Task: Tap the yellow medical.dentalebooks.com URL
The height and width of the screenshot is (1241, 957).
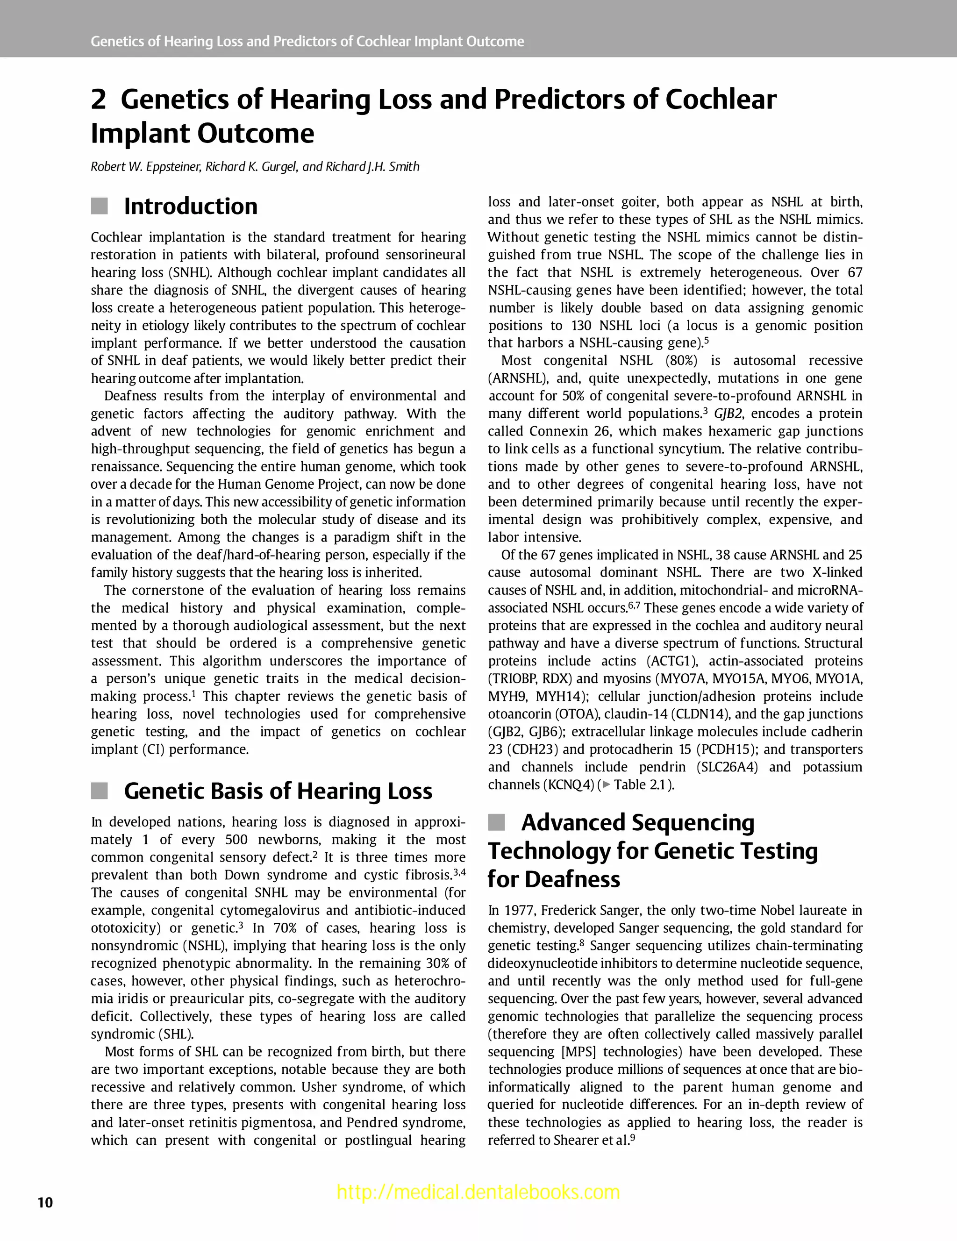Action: pos(478,1191)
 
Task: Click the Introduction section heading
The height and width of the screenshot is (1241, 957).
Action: pos(190,206)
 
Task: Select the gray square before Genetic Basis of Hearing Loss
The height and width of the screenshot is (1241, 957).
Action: pos(100,791)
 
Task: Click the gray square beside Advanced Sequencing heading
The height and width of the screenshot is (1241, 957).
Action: pos(496,822)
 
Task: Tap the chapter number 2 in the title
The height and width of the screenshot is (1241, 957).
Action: pos(98,100)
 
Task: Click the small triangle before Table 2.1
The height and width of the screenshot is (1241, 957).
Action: pos(607,785)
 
